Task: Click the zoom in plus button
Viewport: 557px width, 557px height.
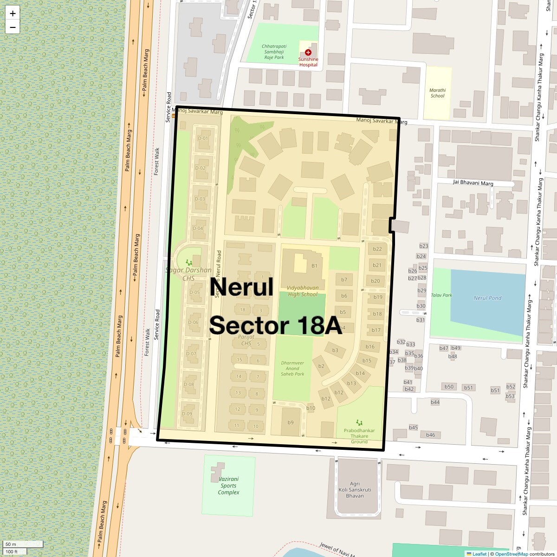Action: [x=13, y=13]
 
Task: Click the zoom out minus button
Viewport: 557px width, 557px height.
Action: [x=13, y=27]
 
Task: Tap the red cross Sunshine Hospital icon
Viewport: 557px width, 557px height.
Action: [x=308, y=52]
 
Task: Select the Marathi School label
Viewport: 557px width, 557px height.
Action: [x=437, y=93]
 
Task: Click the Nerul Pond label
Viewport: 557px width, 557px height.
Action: [x=487, y=298]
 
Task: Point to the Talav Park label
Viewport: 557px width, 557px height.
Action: [x=441, y=295]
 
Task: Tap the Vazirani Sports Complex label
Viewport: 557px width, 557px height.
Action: [x=228, y=486]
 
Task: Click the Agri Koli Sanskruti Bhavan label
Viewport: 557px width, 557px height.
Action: [x=355, y=490]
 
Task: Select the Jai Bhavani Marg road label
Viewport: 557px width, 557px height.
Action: [x=473, y=183]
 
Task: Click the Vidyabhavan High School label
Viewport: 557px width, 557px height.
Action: [x=303, y=291]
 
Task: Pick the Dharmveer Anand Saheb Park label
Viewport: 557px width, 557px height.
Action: [x=292, y=369]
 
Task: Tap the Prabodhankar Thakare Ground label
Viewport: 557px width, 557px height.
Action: [x=359, y=436]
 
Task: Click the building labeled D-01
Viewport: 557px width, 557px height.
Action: [x=203, y=138]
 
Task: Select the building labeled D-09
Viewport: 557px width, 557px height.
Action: [x=187, y=414]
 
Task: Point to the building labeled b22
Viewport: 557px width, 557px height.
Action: [x=377, y=249]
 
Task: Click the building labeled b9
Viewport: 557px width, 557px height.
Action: [x=291, y=422]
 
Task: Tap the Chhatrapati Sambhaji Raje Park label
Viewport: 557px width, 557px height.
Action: [x=274, y=52]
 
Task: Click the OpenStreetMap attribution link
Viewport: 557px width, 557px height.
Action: [x=511, y=554]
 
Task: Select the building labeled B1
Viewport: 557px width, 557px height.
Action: [x=314, y=266]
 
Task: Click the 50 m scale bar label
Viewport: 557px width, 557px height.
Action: [x=11, y=544]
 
